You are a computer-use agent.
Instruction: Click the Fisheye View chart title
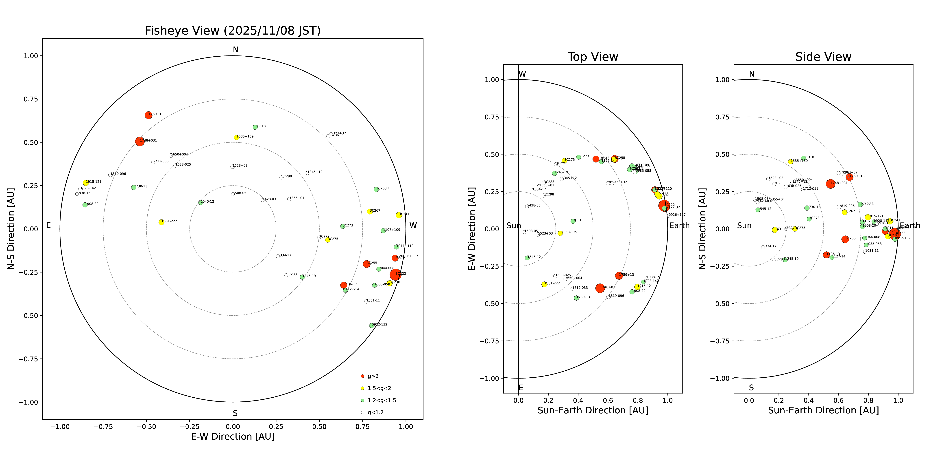tap(233, 31)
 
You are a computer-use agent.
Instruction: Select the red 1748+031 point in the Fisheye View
tap(140, 142)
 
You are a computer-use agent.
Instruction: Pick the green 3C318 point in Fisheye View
tap(255, 127)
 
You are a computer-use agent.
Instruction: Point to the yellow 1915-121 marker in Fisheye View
tap(86, 183)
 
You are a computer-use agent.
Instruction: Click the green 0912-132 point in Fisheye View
tap(371, 325)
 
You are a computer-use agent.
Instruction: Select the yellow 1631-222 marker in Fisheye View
tap(161, 222)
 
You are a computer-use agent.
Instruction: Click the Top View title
tap(593, 57)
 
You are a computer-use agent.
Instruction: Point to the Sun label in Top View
tap(514, 226)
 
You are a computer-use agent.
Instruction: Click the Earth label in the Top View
tap(679, 226)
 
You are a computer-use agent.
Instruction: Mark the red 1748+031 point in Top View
tap(600, 288)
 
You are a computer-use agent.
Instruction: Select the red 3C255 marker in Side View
tap(845, 239)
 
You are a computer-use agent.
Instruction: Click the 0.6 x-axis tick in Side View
tap(838, 400)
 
